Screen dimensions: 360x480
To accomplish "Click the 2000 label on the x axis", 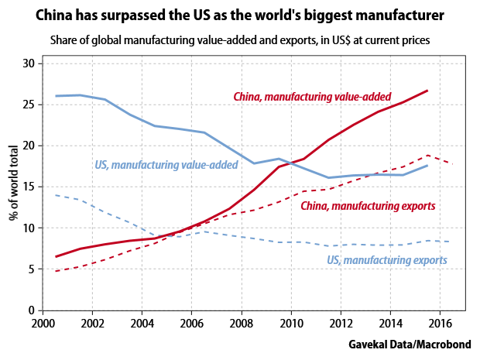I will click(x=43, y=324).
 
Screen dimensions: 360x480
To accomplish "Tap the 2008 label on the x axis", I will click(x=242, y=324).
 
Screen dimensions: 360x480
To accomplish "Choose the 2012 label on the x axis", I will click(x=341, y=324).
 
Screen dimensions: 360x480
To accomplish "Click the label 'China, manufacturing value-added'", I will click(x=313, y=97).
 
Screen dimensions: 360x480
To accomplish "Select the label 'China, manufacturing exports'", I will click(x=369, y=207).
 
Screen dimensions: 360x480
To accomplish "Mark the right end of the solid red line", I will click(x=427, y=91).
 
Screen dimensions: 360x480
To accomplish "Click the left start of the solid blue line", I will click(x=56, y=96).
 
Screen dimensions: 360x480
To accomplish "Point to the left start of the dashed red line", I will click(x=56, y=271).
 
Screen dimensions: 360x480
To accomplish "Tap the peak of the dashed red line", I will click(x=427, y=155).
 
